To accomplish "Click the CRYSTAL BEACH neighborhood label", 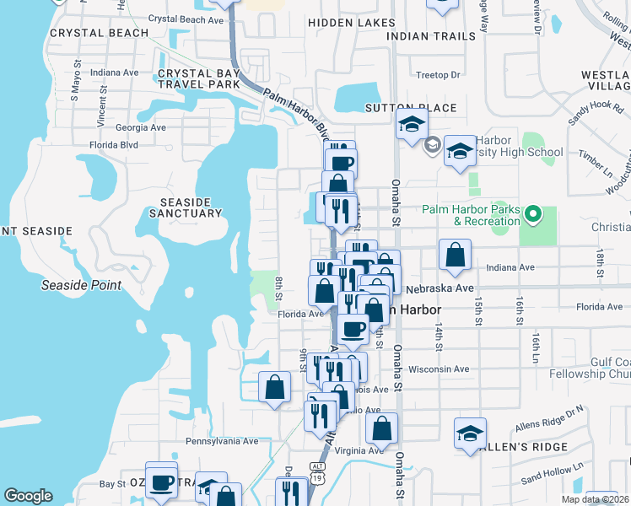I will [x=88, y=33].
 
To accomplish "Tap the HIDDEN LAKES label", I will [x=351, y=23].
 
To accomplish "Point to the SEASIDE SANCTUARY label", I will [x=191, y=207].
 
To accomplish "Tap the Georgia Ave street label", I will [x=140, y=127].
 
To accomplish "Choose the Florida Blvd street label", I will [x=113, y=145].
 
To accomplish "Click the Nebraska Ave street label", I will [x=442, y=288].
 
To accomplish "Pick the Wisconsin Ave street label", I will [x=438, y=369].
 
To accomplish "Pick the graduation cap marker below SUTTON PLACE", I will [x=411, y=124].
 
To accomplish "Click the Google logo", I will [x=28, y=496].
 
